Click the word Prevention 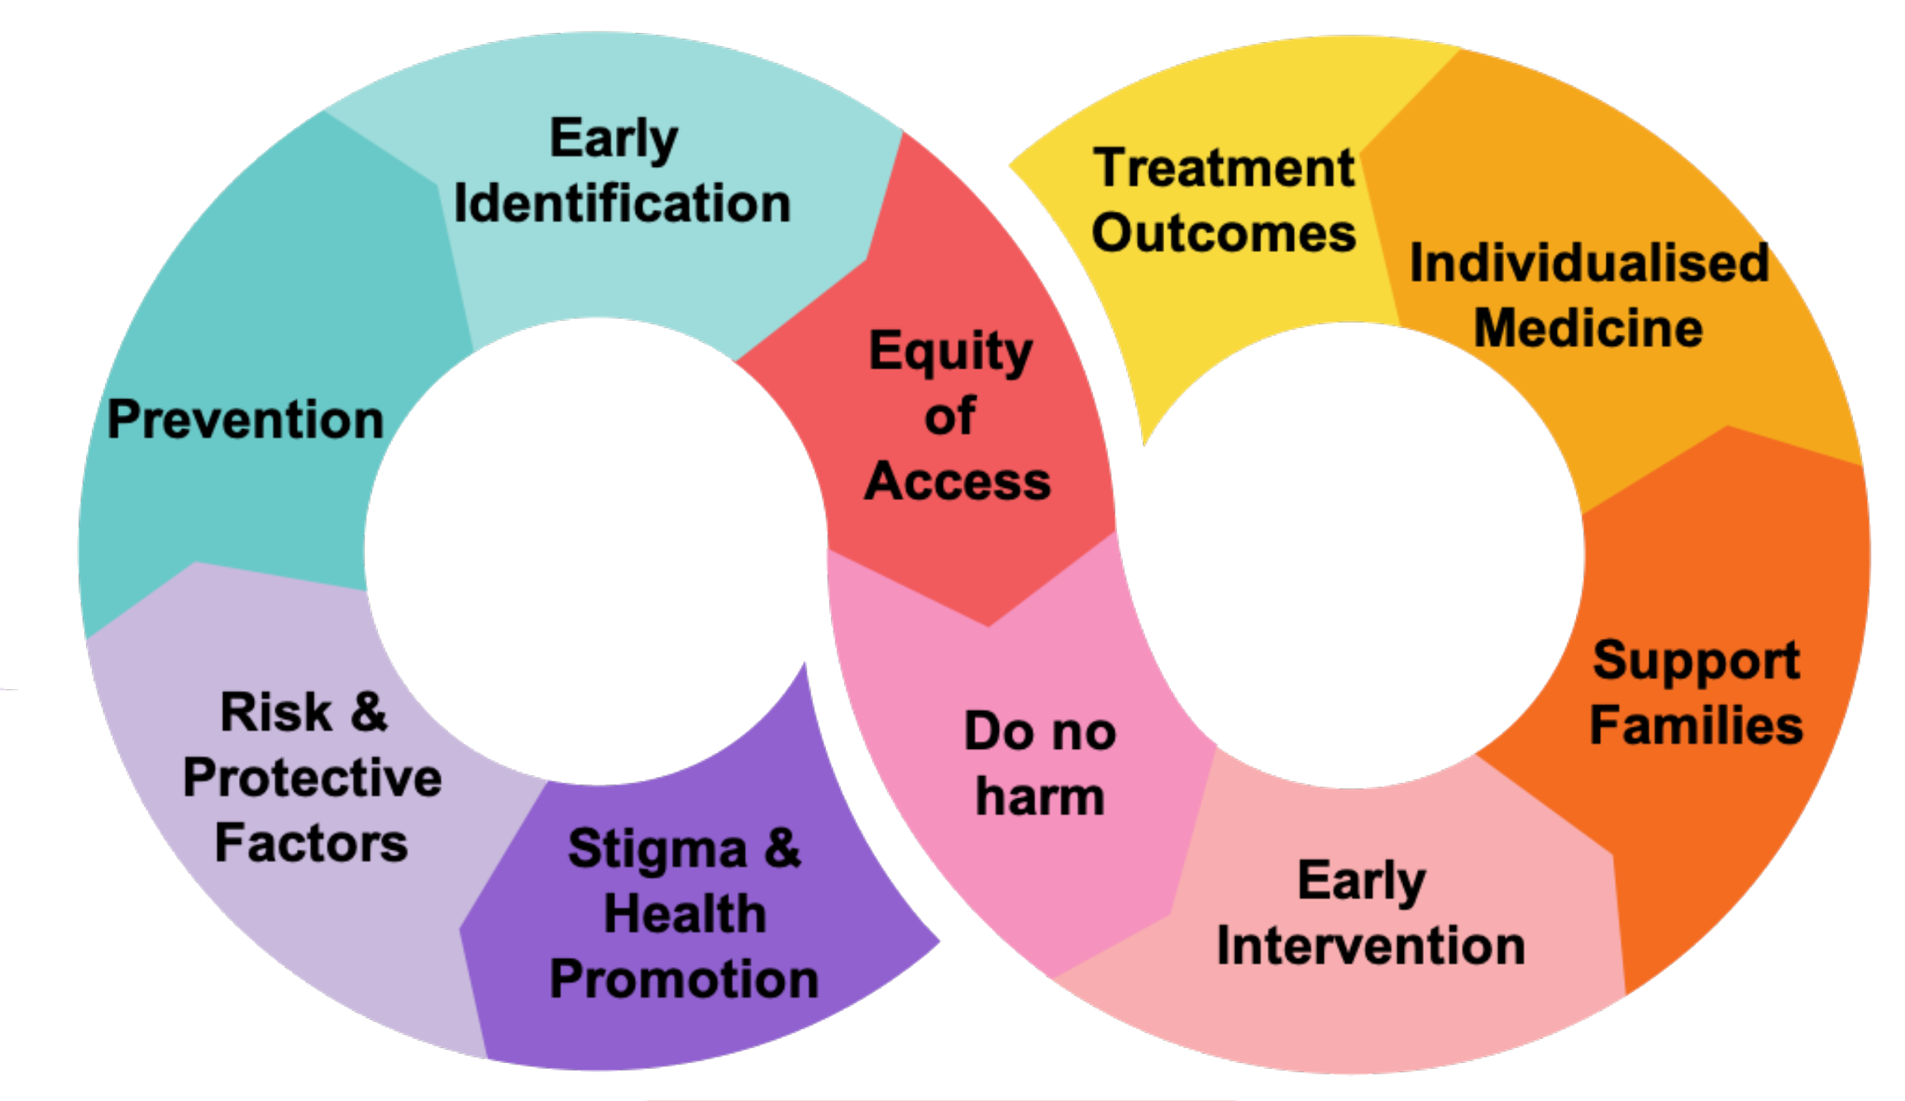click(246, 420)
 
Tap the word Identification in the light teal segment click(622, 204)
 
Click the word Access click(957, 481)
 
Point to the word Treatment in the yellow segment click(1224, 168)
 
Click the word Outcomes click(1224, 233)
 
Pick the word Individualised click(1588, 264)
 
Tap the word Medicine click(1588, 328)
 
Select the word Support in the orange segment click(1696, 661)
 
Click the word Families click(1696, 726)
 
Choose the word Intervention click(1371, 946)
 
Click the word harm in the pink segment click(1040, 797)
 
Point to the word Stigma click(657, 850)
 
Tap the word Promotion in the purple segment click(684, 979)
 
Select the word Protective click(313, 778)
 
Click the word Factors click(311, 843)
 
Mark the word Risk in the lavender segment click(276, 713)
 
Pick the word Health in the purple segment click(685, 914)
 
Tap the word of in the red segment click(950, 416)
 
